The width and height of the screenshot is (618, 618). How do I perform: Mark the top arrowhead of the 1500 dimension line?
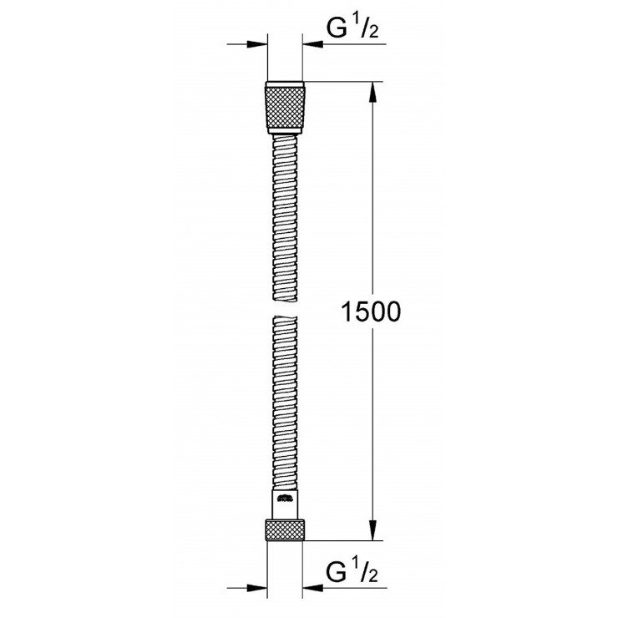click(x=372, y=89)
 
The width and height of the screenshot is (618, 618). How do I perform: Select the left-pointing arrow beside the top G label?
click(x=315, y=44)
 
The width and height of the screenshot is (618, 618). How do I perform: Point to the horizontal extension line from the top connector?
click(x=342, y=81)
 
